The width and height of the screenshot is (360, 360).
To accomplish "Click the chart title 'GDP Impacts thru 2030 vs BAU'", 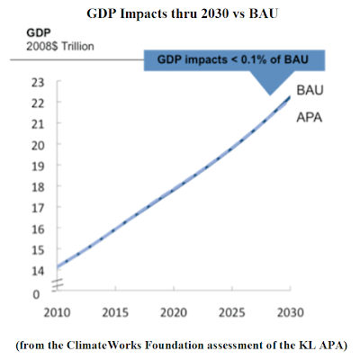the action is click(x=182, y=13).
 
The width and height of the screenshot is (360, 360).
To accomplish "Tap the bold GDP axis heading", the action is click(x=39, y=32).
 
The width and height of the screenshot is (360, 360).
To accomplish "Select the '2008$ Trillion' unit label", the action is click(x=60, y=47).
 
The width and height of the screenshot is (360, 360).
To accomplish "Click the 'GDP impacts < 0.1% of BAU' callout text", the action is click(x=233, y=59).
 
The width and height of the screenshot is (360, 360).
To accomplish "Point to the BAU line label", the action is click(x=310, y=90).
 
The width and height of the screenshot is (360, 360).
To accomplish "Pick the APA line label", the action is click(x=310, y=117).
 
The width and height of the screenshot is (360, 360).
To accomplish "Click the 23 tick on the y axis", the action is click(x=38, y=83).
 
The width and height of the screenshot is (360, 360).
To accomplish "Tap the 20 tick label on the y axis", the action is click(x=38, y=146).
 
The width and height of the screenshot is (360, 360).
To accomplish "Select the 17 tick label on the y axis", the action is click(x=38, y=208).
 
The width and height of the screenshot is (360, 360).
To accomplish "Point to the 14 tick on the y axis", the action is click(x=38, y=271).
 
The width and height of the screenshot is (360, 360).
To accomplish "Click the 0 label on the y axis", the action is click(x=36, y=294).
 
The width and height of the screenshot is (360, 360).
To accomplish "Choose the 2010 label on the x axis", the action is click(x=57, y=313).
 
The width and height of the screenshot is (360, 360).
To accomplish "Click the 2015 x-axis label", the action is click(x=115, y=313).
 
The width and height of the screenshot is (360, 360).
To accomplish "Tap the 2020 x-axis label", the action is click(x=174, y=313).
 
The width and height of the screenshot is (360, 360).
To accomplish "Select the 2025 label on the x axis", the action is click(x=232, y=313).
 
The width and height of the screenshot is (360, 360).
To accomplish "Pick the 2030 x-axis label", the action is click(x=290, y=313).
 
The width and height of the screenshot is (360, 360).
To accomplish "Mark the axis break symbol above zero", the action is click(x=58, y=284).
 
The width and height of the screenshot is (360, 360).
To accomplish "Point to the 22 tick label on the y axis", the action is click(x=38, y=103).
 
